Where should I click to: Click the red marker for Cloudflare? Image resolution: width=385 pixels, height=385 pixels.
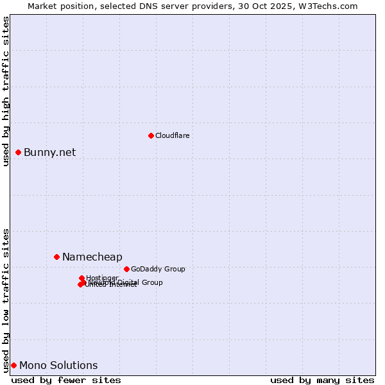tap(151, 135)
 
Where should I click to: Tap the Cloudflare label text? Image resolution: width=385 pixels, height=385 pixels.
tap(172, 135)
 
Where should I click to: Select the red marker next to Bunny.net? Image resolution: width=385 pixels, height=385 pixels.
tap(19, 152)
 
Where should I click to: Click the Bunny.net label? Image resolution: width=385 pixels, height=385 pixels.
tap(49, 152)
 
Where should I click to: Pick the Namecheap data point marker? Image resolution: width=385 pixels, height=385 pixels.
tap(56, 257)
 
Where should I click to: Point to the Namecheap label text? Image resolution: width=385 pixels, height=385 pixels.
tap(92, 257)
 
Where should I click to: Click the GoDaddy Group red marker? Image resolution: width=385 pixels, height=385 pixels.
tap(126, 269)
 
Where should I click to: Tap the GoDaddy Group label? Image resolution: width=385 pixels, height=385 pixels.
tap(158, 269)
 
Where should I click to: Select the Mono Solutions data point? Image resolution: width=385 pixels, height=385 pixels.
tap(13, 365)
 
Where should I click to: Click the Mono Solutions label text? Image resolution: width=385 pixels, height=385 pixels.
tap(58, 365)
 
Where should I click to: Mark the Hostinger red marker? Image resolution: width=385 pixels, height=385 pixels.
tap(81, 278)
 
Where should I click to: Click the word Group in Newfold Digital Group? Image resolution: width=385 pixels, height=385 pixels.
tap(152, 282)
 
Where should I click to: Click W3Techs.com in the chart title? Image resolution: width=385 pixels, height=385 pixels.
tap(327, 6)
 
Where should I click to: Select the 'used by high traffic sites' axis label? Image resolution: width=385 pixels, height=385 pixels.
tap(6, 91)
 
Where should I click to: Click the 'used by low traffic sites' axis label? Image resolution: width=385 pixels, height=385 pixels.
tap(6, 300)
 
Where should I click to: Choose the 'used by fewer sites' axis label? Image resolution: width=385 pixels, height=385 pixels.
tap(66, 380)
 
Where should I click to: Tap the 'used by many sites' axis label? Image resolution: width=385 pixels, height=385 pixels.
tap(322, 380)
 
